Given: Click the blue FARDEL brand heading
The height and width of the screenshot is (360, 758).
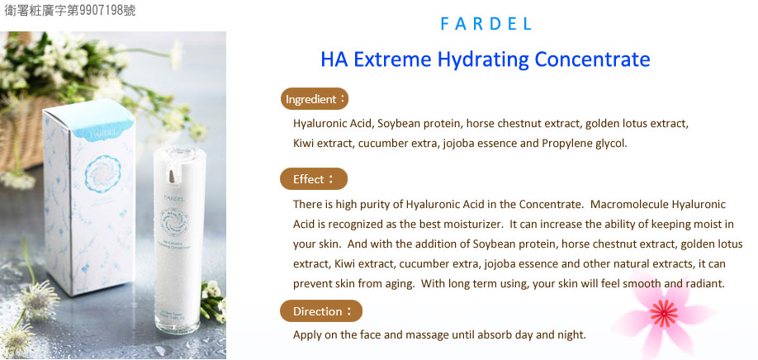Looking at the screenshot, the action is click(486, 24).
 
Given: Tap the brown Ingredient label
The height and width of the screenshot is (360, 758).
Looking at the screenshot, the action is click(315, 99).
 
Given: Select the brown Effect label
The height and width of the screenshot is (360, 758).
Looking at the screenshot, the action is click(313, 179).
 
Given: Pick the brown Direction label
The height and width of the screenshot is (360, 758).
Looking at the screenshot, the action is click(321, 311).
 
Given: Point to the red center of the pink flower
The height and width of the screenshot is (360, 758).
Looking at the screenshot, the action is click(664, 313).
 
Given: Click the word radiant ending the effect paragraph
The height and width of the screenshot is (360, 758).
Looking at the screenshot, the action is click(706, 284).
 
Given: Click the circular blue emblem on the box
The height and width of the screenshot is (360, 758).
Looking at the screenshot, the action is click(102, 174).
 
